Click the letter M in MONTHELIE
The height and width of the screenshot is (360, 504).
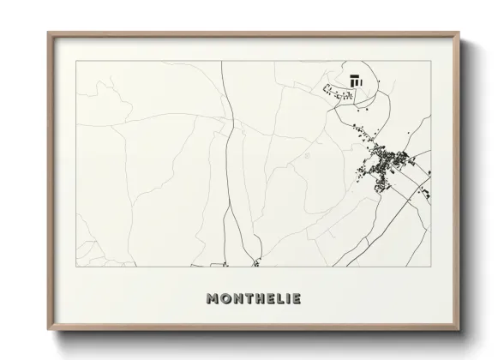[213, 298]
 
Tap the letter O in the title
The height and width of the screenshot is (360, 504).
[226, 298]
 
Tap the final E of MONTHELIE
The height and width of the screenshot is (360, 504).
[297, 298]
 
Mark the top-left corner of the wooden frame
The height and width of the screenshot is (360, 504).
[48, 33]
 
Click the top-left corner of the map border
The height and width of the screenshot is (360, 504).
[76, 62]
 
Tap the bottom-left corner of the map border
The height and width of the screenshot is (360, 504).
[76, 267]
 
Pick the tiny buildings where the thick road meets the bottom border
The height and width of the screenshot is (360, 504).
[255, 261]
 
